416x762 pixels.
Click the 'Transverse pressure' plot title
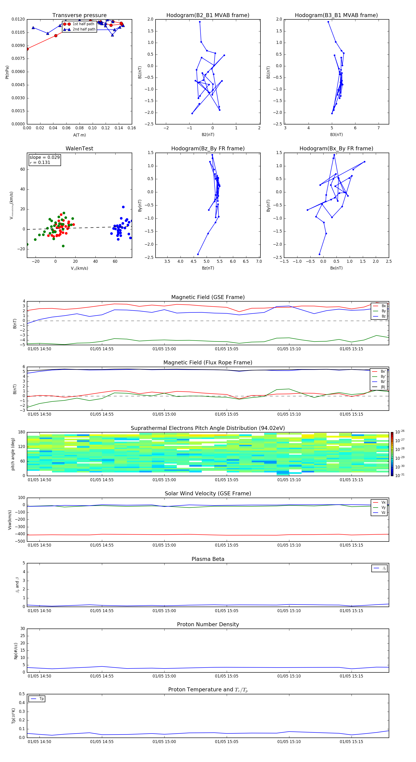click(x=79, y=15)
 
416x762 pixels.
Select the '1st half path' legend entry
click(x=83, y=24)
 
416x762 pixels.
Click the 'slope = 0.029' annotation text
click(x=44, y=157)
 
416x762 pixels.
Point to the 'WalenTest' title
click(x=79, y=148)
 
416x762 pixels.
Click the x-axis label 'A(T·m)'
click(x=79, y=135)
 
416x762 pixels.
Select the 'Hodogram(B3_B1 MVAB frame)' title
click(x=336, y=15)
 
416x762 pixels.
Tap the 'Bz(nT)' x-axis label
click(x=208, y=268)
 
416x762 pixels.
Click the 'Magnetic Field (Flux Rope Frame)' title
click(x=208, y=363)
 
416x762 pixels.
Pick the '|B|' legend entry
click(x=383, y=387)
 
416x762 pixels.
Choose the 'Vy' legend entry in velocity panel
click(x=383, y=507)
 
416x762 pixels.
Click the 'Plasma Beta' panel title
click(x=208, y=559)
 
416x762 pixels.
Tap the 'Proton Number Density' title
click(x=208, y=624)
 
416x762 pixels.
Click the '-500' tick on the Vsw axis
click(x=20, y=541)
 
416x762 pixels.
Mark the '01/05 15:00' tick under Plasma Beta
click(x=164, y=611)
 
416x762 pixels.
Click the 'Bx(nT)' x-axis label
click(x=336, y=268)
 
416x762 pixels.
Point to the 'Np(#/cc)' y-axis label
click(x=16, y=650)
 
